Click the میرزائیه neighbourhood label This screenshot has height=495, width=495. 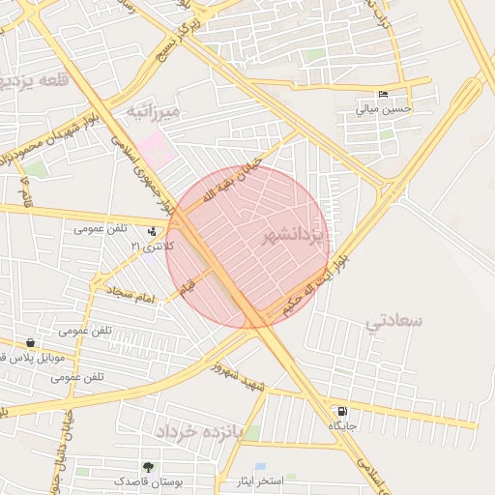tap(155, 113)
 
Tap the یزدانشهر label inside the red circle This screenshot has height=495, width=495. tap(296, 236)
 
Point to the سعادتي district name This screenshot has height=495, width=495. tap(395, 321)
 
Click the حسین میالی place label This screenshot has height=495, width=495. tap(384, 109)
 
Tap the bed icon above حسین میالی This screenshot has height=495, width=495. tap(384, 95)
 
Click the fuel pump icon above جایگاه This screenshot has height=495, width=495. tap(343, 412)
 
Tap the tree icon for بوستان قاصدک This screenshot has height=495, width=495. tap(148, 468)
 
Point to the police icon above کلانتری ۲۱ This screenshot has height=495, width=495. tap(152, 232)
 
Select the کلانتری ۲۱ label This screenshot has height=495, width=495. tap(154, 247)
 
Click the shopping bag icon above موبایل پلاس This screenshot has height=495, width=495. tap(31, 343)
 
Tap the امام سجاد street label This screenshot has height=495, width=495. tap(131, 296)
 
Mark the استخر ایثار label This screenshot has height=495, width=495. tap(256, 480)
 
